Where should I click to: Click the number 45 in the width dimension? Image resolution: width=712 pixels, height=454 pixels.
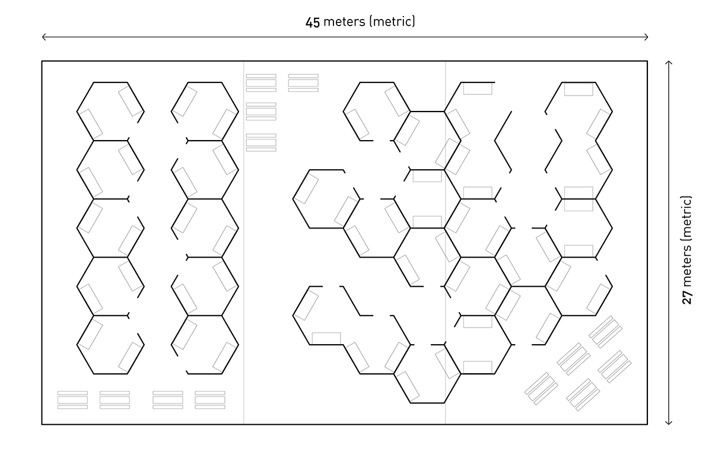pos(313,23)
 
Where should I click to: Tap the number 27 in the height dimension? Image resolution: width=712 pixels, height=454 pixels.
pos(687,297)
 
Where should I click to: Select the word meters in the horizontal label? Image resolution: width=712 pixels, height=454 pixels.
pos(344,23)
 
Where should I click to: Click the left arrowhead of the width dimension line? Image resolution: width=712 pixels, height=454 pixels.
pos(44,38)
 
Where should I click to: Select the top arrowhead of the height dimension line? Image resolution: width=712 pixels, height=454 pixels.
pos(669,63)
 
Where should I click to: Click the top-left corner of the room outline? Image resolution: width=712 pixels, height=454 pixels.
pos(42,61)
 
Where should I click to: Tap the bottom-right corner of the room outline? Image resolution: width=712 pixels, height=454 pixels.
pos(647,424)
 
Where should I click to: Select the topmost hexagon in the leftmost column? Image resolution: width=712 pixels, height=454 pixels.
pos(110,111)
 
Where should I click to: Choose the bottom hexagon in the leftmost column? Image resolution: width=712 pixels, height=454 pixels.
pos(110,344)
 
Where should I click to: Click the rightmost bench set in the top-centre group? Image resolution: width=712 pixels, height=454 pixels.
pos(303,82)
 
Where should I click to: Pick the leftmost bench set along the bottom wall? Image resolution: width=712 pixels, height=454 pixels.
pos(72,399)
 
